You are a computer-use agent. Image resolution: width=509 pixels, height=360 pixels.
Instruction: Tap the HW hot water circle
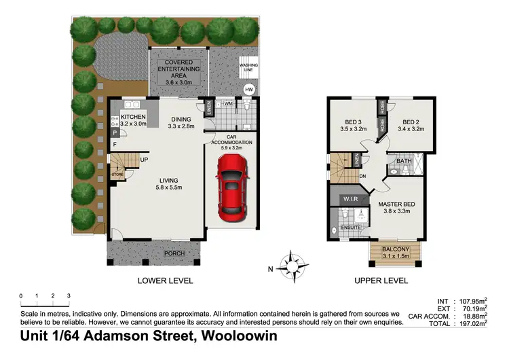pyautogui.click(x=248, y=89)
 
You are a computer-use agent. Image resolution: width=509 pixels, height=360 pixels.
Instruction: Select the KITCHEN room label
pyautogui.click(x=134, y=116)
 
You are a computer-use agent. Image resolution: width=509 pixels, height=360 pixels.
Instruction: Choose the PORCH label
pyautogui.click(x=175, y=254)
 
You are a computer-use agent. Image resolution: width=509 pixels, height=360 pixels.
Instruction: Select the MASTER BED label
pyautogui.click(x=398, y=203)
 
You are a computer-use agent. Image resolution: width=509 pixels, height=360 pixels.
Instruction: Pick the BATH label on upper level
pyautogui.click(x=404, y=162)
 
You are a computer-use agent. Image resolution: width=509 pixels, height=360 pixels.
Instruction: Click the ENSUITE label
pyautogui.click(x=351, y=228)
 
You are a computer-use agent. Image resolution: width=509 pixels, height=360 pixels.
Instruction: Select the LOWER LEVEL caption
pyautogui.click(x=165, y=281)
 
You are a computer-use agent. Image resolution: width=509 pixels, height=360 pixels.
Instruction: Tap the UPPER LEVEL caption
pyautogui.click(x=380, y=281)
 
